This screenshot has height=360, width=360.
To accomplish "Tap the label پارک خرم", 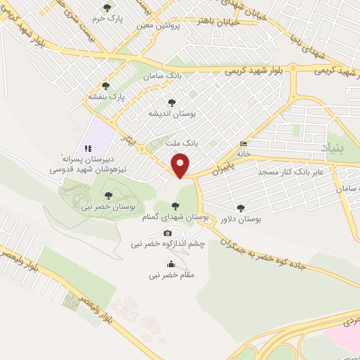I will tap(108, 19).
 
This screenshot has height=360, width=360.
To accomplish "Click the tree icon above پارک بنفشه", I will tap(105, 85).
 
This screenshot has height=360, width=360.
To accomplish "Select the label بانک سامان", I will tap(160, 75).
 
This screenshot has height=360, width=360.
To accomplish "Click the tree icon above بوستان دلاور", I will tap(241, 207).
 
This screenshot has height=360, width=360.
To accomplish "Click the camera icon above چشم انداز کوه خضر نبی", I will tap(167, 233).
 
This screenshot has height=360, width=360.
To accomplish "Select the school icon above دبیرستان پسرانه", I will tap(89, 148).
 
